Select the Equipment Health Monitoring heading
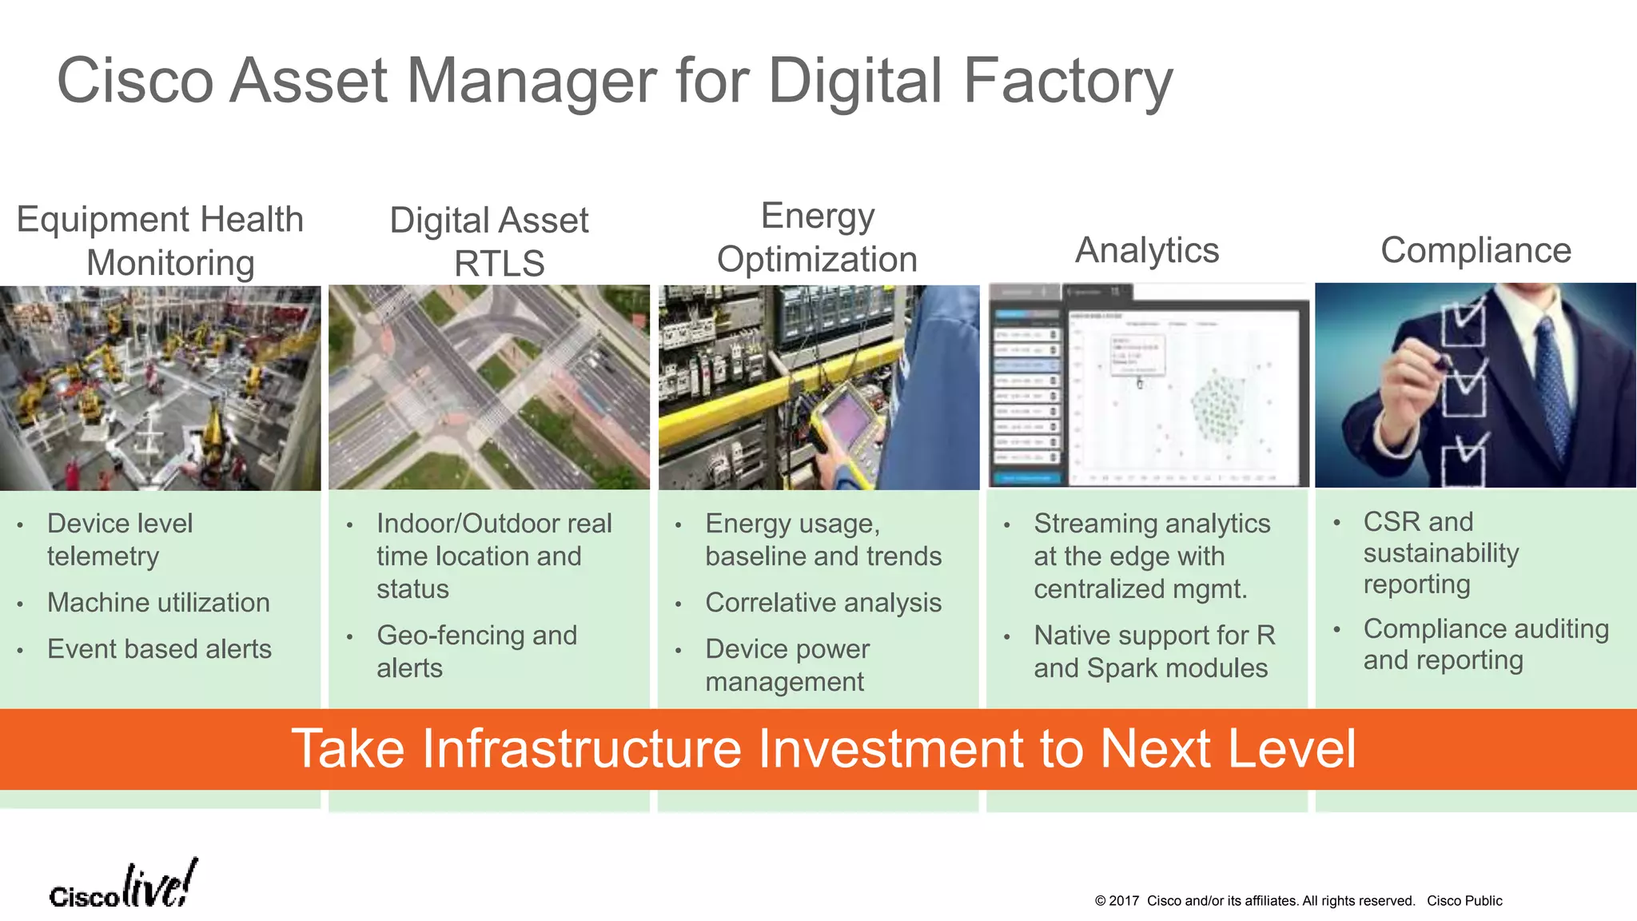click(161, 241)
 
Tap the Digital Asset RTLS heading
click(489, 241)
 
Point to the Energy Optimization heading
click(817, 237)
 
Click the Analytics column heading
click(1146, 250)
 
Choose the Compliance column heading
click(1476, 250)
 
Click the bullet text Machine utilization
click(158, 603)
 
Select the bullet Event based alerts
click(159, 649)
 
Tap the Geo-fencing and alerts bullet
click(476, 652)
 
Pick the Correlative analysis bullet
click(823, 603)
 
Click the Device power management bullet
click(787, 665)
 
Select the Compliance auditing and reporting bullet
click(1485, 644)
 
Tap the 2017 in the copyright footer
click(1124, 901)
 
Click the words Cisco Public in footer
click(1464, 901)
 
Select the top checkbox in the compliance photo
click(1463, 324)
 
